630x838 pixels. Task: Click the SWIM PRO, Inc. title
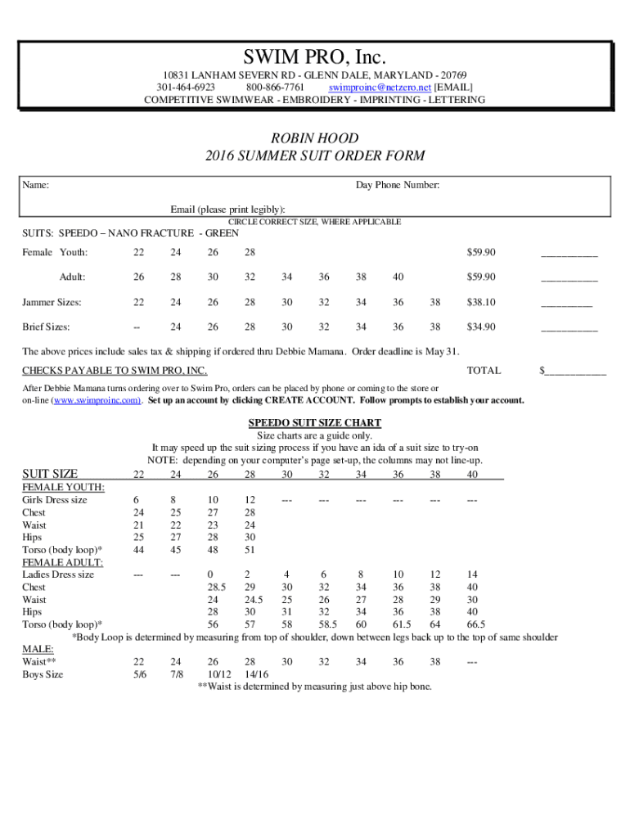coord(315,58)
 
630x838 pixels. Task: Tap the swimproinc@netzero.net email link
coord(380,86)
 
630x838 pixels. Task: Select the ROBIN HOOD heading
coord(315,138)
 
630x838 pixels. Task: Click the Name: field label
coord(35,186)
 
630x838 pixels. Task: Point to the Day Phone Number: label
coord(398,186)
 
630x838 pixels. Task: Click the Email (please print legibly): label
coord(227,209)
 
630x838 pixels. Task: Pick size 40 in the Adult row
coord(398,277)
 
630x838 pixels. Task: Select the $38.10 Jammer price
coord(481,302)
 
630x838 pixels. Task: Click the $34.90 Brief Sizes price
coord(481,327)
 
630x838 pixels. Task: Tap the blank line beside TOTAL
coord(576,371)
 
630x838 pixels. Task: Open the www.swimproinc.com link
coord(97,400)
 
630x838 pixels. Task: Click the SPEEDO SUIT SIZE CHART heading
coord(315,423)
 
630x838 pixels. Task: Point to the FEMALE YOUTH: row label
coord(63,488)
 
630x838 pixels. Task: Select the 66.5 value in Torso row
coord(475,624)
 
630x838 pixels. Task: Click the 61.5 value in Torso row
coord(401,624)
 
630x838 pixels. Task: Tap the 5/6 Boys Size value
coord(138,674)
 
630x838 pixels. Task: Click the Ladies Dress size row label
coord(58,574)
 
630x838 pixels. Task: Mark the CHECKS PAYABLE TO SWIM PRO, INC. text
coord(115,372)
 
